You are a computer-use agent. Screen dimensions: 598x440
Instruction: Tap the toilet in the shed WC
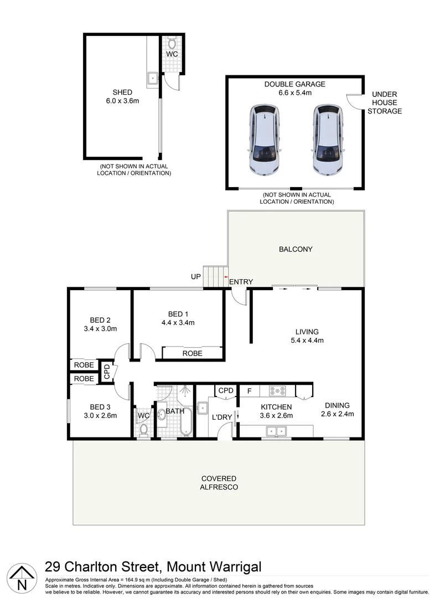pyautogui.click(x=172, y=43)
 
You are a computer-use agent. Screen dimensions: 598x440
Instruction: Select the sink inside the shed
pyautogui.click(x=152, y=79)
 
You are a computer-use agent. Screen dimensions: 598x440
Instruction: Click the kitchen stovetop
pyautogui.click(x=277, y=391)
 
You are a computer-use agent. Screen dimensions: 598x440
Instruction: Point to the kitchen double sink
pyautogui.click(x=275, y=430)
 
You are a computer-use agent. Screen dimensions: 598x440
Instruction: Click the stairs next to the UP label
pyautogui.click(x=215, y=276)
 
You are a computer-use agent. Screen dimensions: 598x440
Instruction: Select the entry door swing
pyautogui.click(x=239, y=297)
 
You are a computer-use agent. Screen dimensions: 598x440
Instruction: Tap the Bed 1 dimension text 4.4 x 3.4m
pyautogui.click(x=178, y=322)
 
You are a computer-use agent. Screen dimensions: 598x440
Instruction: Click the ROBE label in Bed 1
pyautogui.click(x=192, y=353)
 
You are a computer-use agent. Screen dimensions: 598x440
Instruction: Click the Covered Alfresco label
pyautogui.click(x=219, y=482)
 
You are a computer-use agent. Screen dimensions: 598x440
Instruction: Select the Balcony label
pyautogui.click(x=296, y=249)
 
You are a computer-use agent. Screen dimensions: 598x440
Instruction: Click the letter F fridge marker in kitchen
pyautogui.click(x=250, y=391)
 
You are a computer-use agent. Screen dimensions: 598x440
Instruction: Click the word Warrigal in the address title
pyautogui.click(x=228, y=567)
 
